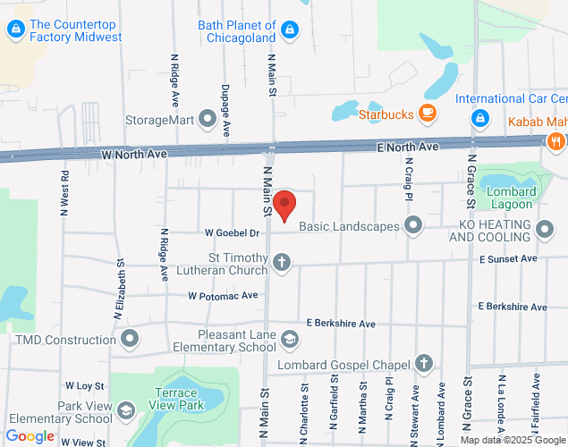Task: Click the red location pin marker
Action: coord(284,206)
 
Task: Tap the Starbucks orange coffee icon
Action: coord(428,114)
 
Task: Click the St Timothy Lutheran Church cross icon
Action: coord(282,262)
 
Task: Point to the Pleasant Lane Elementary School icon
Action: coord(289,338)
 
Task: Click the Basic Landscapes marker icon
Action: coord(412,225)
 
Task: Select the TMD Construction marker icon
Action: coord(131,339)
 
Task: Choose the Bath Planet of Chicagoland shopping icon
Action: coord(288,30)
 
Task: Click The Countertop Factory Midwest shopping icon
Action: coord(15,30)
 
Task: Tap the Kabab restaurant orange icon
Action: coord(556,140)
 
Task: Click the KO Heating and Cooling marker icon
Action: coord(545,232)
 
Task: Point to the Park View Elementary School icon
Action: coord(126,411)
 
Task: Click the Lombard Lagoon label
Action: coord(511,198)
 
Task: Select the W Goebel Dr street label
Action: coord(232,233)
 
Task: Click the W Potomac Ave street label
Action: coord(223,295)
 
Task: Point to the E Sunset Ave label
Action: coord(507,258)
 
